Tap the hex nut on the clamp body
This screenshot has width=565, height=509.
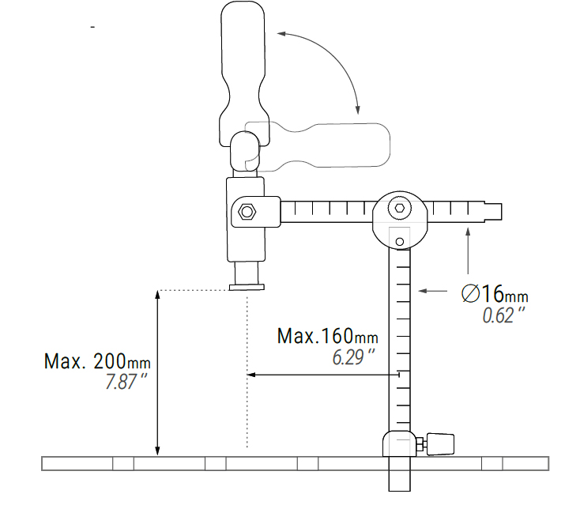(247, 212)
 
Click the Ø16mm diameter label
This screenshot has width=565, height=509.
(495, 295)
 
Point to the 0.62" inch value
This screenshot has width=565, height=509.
(503, 315)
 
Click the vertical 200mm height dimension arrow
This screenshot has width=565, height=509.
(159, 372)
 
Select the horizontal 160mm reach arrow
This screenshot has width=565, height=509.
(324, 374)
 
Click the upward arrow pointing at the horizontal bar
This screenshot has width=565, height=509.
(468, 249)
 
